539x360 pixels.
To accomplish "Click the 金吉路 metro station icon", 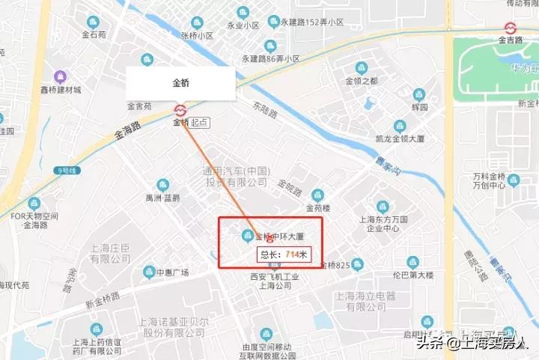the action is click(511, 28).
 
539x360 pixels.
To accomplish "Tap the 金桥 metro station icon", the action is click(180, 109).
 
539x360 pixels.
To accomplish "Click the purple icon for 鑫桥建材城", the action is click(60, 77).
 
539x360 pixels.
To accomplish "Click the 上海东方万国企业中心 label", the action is click(383, 225).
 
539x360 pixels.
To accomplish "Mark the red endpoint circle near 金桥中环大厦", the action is click(269, 241).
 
